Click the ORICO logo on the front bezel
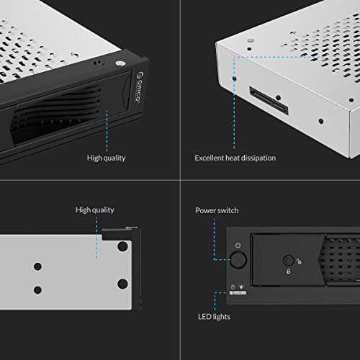point(138,87)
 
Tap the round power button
point(238,259)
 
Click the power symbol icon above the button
point(238,245)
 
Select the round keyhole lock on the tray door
point(289,260)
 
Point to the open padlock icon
point(299,261)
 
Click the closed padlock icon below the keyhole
point(288,271)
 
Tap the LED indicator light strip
point(238,293)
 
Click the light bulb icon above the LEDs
point(241,287)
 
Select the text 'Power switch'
point(217,210)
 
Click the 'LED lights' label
point(214,317)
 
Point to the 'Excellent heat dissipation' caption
point(235,158)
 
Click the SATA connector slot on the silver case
point(269,101)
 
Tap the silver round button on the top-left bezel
point(120,63)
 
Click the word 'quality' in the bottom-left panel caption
point(103,210)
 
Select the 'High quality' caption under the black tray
point(106,158)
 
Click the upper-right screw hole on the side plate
point(122,246)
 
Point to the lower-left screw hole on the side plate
point(37,289)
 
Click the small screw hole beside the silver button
point(99,63)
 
